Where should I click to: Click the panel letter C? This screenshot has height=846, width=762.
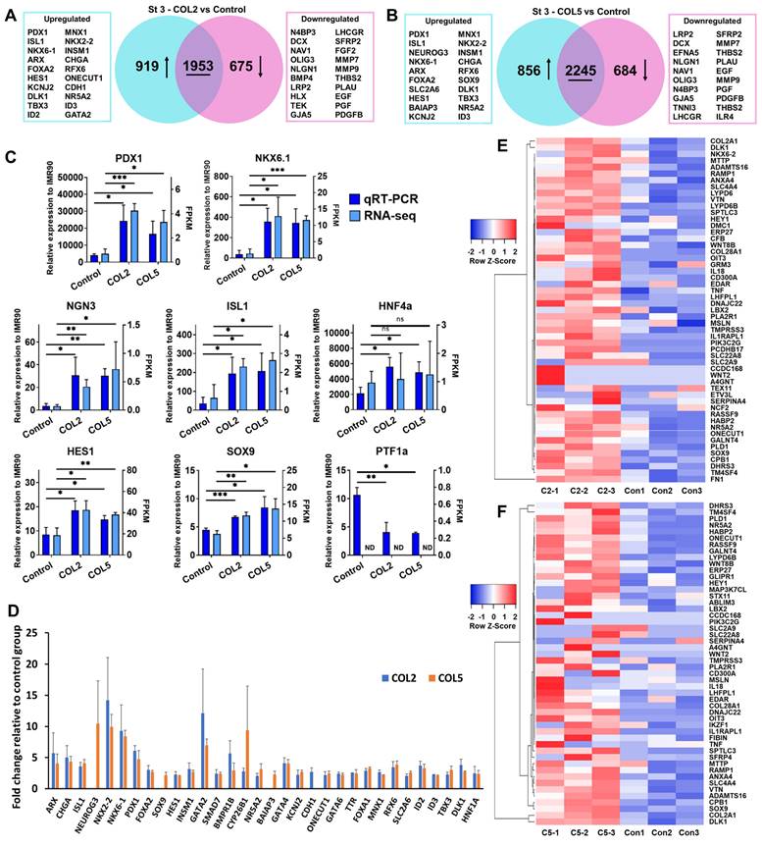(10, 157)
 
